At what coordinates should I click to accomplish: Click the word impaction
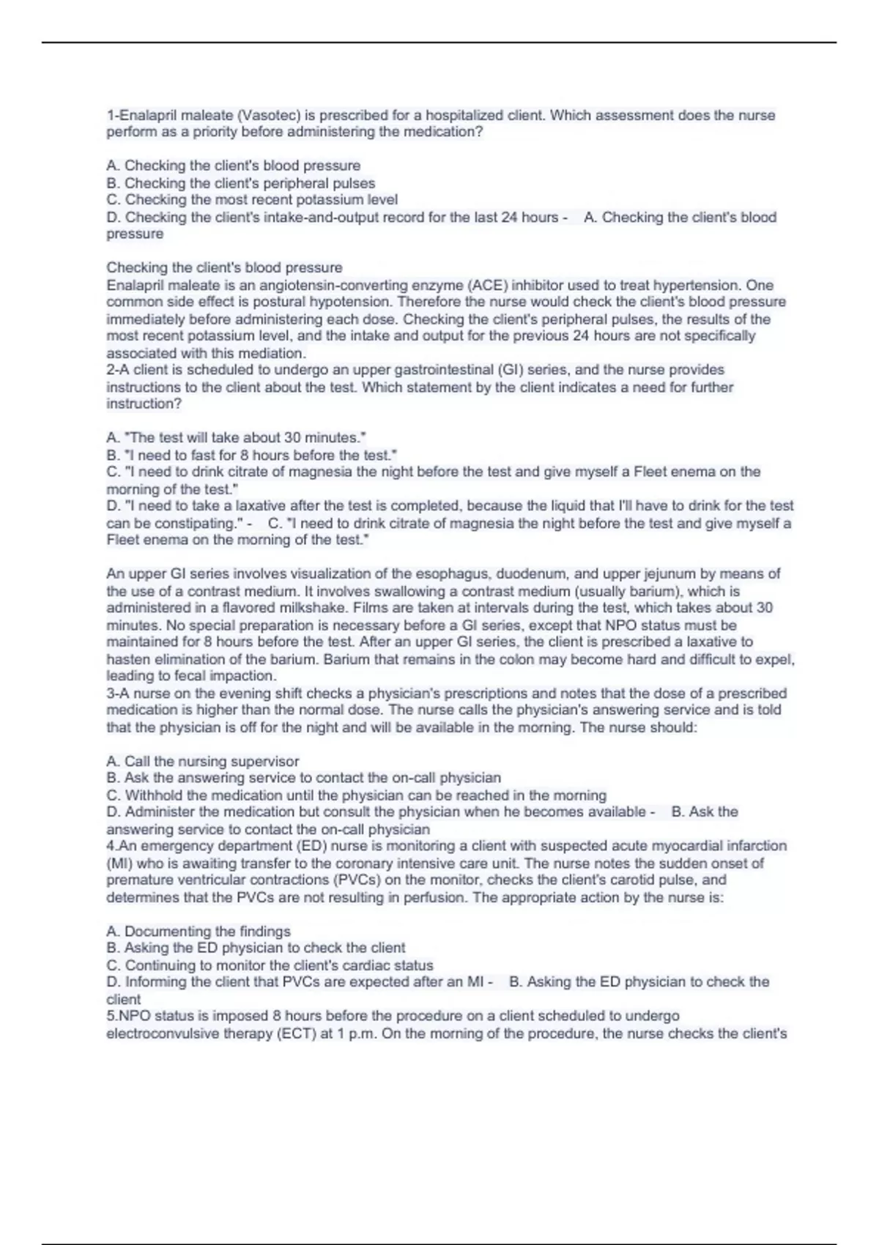[x=242, y=676]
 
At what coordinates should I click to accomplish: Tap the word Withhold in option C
[x=152, y=795]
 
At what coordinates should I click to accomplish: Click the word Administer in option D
[x=160, y=812]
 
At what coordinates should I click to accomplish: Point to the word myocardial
[x=693, y=846]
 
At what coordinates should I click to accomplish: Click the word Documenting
[x=171, y=932]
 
